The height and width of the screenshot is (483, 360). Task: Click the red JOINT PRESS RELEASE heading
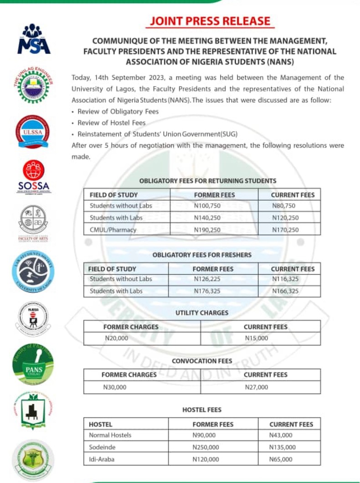[210, 21]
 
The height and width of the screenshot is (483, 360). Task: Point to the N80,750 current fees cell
[285, 206]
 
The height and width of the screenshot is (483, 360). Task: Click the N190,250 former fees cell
[207, 230]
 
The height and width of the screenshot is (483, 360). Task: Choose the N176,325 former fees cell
[207, 291]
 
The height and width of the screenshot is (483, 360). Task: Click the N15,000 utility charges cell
[257, 338]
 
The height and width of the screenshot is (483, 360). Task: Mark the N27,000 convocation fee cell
[257, 387]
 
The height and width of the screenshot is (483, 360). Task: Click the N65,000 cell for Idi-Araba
[281, 459]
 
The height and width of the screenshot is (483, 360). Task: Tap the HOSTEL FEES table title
[202, 410]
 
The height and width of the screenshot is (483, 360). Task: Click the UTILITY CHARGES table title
[202, 313]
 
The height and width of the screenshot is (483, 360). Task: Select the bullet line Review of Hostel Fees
[112, 123]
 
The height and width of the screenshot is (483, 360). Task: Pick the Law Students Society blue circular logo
[33, 272]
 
